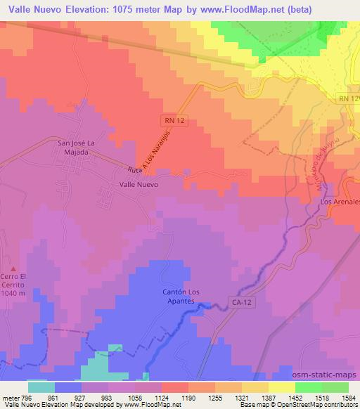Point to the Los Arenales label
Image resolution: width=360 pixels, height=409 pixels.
[340, 202]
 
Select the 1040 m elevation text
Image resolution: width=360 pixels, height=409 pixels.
[13, 293]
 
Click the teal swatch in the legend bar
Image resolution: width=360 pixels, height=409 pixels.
[41, 387]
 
